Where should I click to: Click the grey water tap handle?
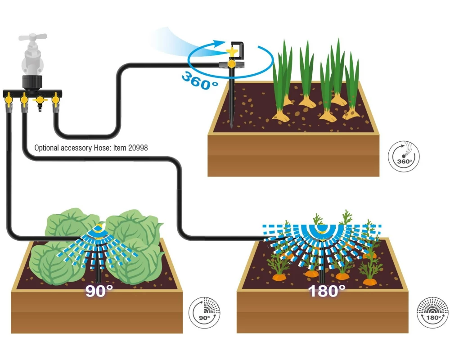coord(33,37)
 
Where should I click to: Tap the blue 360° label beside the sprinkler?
coord(200,81)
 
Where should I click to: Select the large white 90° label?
coord(99,291)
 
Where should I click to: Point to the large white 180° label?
coord(327,291)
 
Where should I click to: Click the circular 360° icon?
coord(404,157)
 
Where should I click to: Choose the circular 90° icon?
coord(204,313)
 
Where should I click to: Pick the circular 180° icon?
coord(432,313)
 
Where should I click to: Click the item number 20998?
coord(138,148)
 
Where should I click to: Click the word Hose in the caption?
coord(102,148)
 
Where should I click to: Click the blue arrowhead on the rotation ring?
coord(218,43)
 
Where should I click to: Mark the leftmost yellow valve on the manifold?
coord(9,99)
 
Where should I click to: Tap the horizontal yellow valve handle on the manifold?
coord(40,100)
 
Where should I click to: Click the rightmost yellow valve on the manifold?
coord(55,99)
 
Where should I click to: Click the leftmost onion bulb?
coord(280,115)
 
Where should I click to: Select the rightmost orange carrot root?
coord(369,281)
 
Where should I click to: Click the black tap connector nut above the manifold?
coord(32,81)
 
